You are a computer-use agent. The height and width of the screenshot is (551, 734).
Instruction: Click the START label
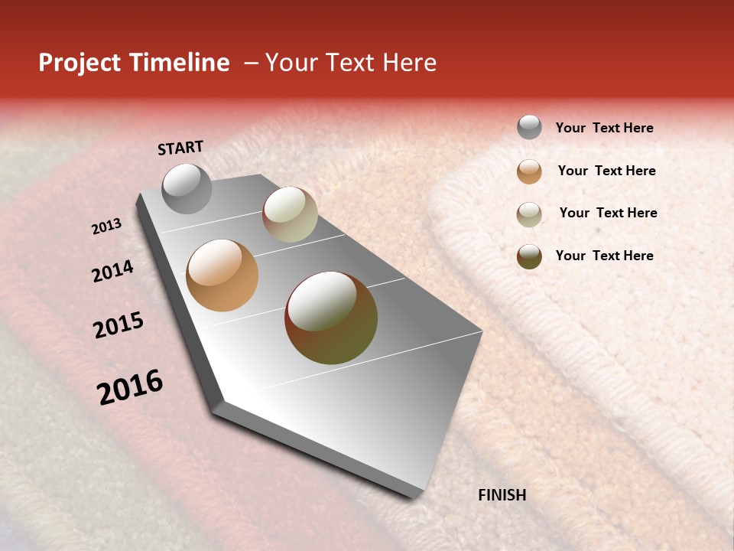[x=180, y=148]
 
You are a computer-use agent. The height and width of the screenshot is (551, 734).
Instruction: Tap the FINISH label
[x=502, y=495]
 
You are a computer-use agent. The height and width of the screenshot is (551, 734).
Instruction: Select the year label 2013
[x=106, y=227]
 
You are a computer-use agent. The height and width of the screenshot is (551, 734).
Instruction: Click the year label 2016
[x=130, y=386]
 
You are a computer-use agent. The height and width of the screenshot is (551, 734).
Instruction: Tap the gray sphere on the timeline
[x=187, y=188]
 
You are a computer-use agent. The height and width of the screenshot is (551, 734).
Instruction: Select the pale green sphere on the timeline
[x=290, y=214]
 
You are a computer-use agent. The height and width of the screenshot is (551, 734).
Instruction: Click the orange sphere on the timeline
[x=222, y=275]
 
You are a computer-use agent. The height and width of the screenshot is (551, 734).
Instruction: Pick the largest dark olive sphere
[x=331, y=318]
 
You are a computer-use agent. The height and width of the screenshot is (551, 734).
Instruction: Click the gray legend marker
[x=529, y=127]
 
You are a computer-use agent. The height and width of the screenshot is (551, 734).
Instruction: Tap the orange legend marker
[x=529, y=171]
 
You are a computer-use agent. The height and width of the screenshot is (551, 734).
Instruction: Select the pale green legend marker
[x=529, y=214]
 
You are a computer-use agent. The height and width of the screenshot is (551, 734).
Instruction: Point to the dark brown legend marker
[x=529, y=256]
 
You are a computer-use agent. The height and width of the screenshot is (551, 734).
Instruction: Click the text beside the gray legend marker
[x=604, y=129]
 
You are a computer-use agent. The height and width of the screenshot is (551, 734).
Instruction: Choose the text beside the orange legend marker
[x=606, y=171]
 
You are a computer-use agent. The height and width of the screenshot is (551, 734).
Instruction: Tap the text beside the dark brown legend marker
[x=604, y=256]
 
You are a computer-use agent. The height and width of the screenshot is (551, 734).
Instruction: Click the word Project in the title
[x=80, y=63]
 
